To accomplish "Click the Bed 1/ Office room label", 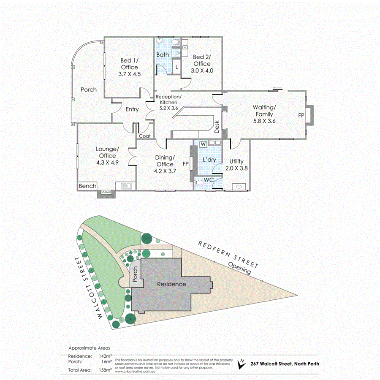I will pos(129,64).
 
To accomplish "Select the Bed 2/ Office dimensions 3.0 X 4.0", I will pos(201,71).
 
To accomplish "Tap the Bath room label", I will pos(163,55).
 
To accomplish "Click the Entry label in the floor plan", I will pos(132,109).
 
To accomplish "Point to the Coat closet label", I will pos(145,136).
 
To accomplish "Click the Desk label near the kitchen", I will pos(217,127).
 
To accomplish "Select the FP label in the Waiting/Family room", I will pos(301,114).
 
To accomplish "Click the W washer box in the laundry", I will pos(203,144).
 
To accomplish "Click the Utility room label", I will pos(237,161).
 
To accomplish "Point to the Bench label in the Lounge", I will pos(88,186).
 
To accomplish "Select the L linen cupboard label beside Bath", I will pos(176,67).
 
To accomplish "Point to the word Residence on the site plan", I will pos(171,284).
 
